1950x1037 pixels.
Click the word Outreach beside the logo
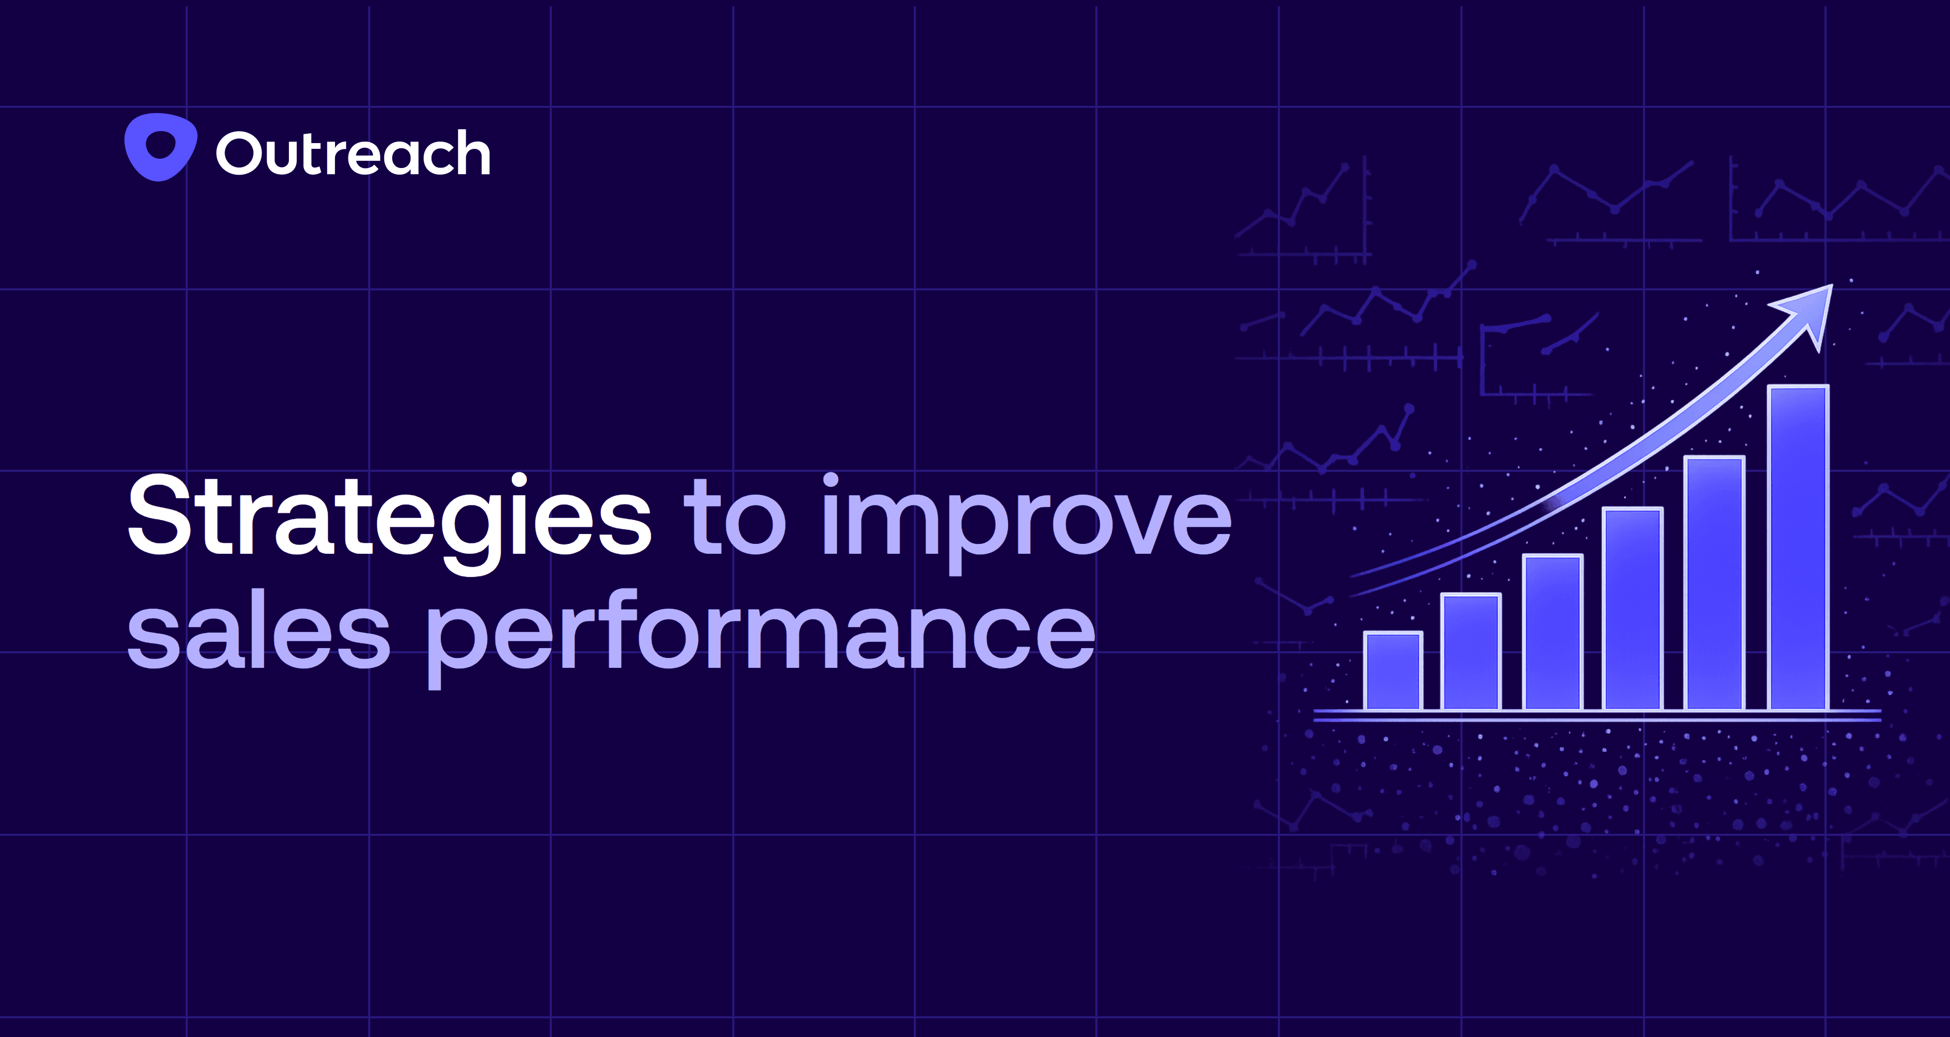(353, 153)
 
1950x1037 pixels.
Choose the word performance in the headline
(761, 636)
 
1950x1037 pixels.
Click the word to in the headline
(734, 518)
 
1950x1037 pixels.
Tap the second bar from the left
(1471, 652)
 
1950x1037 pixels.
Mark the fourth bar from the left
(1633, 609)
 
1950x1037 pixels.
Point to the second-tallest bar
(1715, 583)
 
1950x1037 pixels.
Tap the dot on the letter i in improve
(830, 481)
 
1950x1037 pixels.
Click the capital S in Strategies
(163, 515)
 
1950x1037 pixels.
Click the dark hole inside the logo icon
(160, 144)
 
